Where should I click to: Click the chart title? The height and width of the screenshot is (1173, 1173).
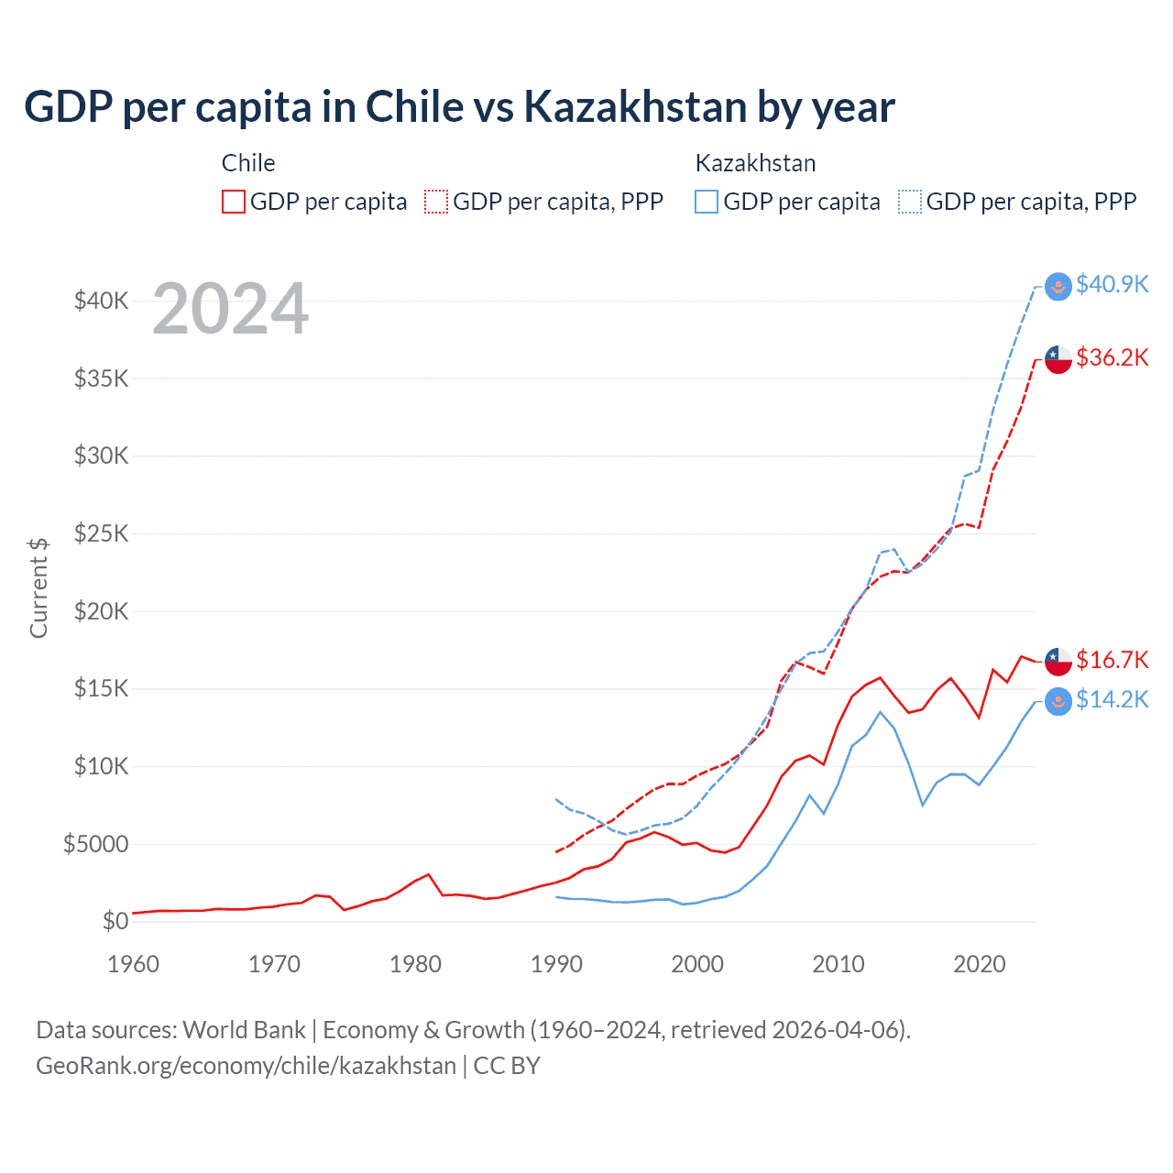[459, 107]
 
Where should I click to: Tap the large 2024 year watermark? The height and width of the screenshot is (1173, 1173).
[230, 309]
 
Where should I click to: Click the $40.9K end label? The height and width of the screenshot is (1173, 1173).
[1112, 285]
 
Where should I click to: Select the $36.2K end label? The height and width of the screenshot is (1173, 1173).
[1112, 357]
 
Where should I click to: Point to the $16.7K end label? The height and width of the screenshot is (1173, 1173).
[1112, 660]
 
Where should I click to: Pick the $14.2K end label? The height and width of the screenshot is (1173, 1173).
[1112, 700]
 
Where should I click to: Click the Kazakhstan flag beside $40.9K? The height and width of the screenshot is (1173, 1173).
[1058, 286]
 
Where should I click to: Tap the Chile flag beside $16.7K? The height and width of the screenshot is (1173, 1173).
[1058, 661]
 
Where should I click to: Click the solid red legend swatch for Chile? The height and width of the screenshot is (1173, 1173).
[234, 202]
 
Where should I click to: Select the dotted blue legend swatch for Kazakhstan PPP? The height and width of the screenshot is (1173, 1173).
[910, 202]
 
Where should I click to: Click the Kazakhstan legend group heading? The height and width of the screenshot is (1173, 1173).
[755, 163]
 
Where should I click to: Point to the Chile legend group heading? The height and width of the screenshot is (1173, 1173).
[248, 163]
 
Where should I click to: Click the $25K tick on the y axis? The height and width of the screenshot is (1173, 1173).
[102, 533]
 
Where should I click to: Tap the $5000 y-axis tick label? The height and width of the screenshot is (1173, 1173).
[96, 844]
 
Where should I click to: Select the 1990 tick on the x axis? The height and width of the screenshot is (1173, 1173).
[556, 964]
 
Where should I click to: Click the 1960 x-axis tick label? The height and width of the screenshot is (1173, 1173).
[134, 964]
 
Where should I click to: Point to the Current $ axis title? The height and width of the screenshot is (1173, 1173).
[38, 588]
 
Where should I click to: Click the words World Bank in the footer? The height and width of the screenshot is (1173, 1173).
[244, 1030]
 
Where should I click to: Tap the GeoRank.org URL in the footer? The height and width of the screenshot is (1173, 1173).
[246, 1066]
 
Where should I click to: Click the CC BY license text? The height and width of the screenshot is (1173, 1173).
[507, 1066]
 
